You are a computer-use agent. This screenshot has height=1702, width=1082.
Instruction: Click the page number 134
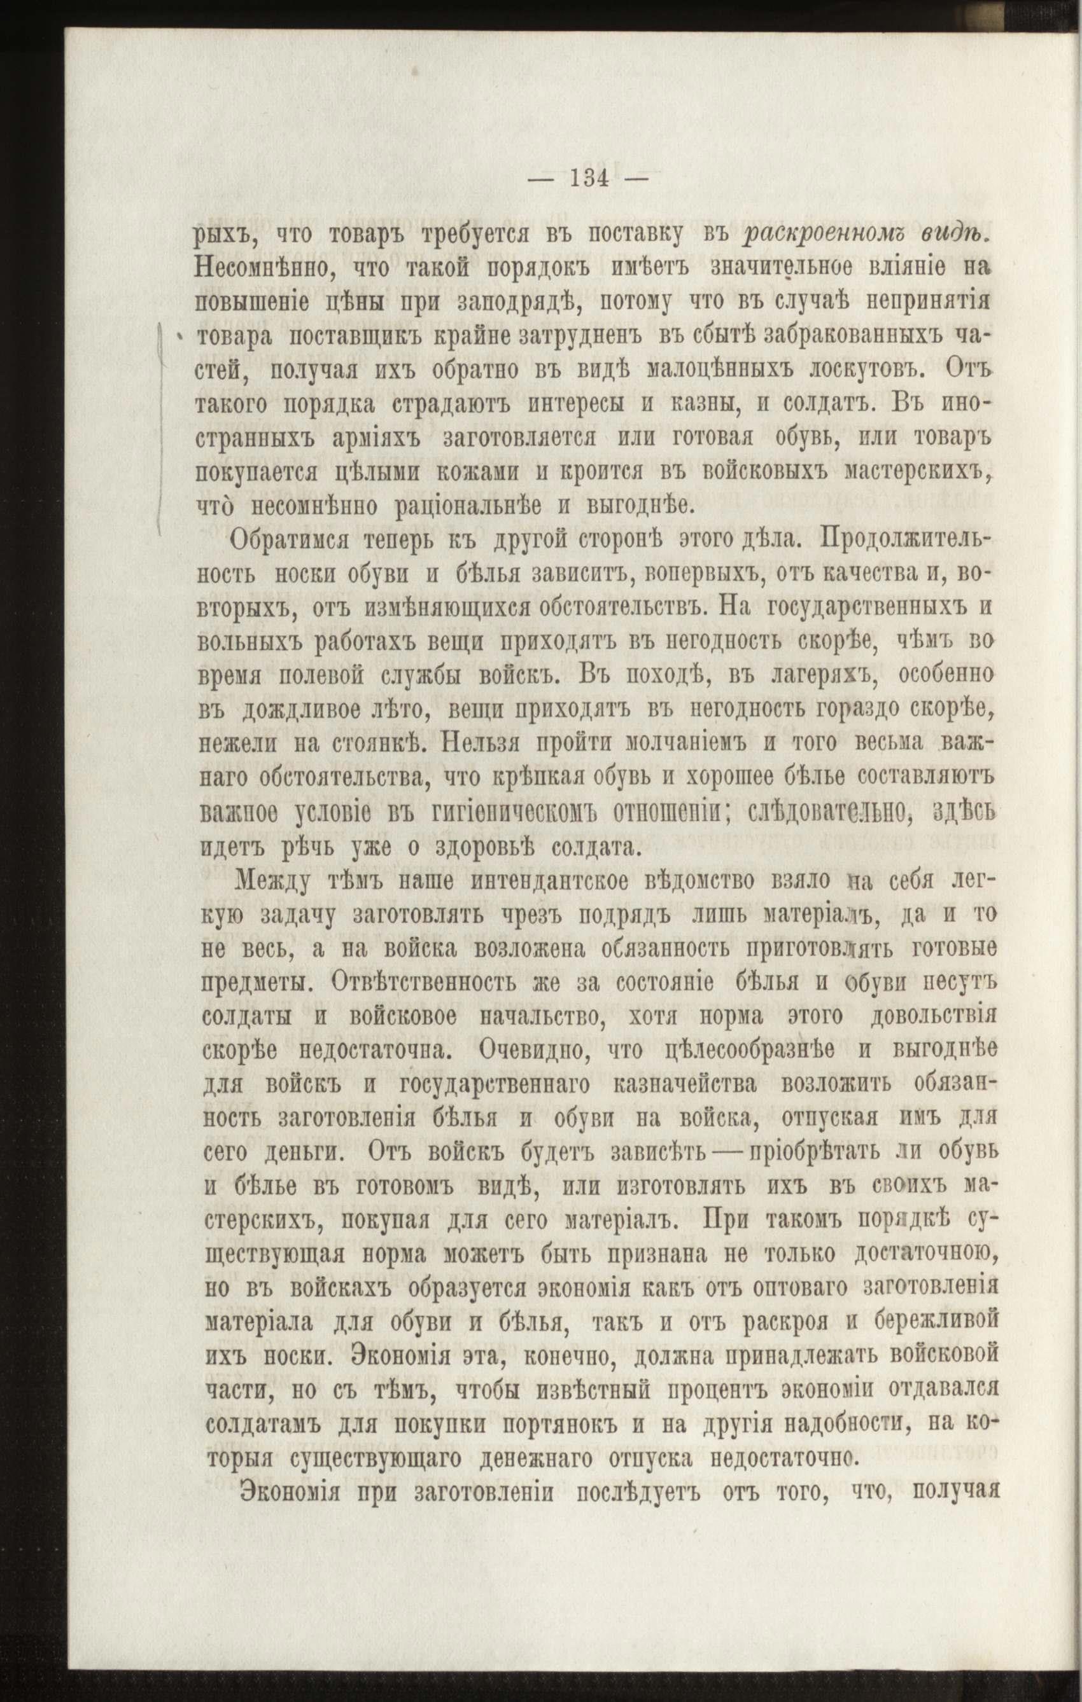tap(588, 179)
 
